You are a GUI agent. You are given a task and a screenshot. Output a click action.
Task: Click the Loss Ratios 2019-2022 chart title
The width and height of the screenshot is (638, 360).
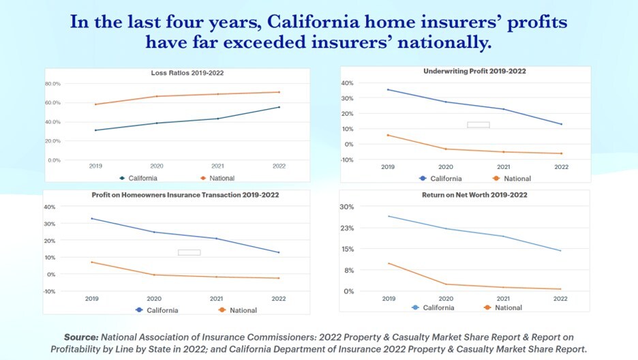pos(187,73)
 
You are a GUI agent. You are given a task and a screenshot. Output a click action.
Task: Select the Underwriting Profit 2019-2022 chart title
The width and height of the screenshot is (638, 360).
pos(474,71)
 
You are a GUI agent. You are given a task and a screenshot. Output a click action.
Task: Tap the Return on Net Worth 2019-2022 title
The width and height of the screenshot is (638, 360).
pos(474,195)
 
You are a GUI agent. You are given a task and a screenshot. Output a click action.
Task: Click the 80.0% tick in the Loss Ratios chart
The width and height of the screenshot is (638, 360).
pos(52,83)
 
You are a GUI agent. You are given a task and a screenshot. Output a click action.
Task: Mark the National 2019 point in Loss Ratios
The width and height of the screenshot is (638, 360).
pos(95,104)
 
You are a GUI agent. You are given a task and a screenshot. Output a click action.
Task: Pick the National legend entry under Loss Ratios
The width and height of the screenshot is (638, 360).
pos(217,179)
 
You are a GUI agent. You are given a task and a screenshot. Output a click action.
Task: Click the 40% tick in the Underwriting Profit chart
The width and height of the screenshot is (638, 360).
pos(347,83)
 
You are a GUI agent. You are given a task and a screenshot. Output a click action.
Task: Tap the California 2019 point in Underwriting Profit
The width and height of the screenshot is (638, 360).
pos(388,89)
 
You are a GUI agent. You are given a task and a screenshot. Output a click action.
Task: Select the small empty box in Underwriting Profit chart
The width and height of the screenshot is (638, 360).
pos(478,125)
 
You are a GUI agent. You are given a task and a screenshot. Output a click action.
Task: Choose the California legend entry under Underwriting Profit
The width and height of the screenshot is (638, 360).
pos(442,179)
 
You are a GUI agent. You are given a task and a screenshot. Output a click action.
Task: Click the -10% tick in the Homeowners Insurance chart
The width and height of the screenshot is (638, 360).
pos(49,291)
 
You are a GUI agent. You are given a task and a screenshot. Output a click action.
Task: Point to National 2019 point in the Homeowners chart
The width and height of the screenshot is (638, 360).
pos(92,262)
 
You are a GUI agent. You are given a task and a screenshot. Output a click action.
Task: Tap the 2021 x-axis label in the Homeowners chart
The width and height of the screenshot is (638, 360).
pos(217,299)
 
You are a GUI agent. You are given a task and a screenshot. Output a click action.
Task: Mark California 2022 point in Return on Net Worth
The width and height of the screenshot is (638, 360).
pos(560,251)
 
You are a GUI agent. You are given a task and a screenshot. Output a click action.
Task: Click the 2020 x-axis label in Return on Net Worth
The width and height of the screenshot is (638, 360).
pos(446,299)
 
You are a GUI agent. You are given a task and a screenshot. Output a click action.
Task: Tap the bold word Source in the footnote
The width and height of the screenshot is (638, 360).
pos(81,337)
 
